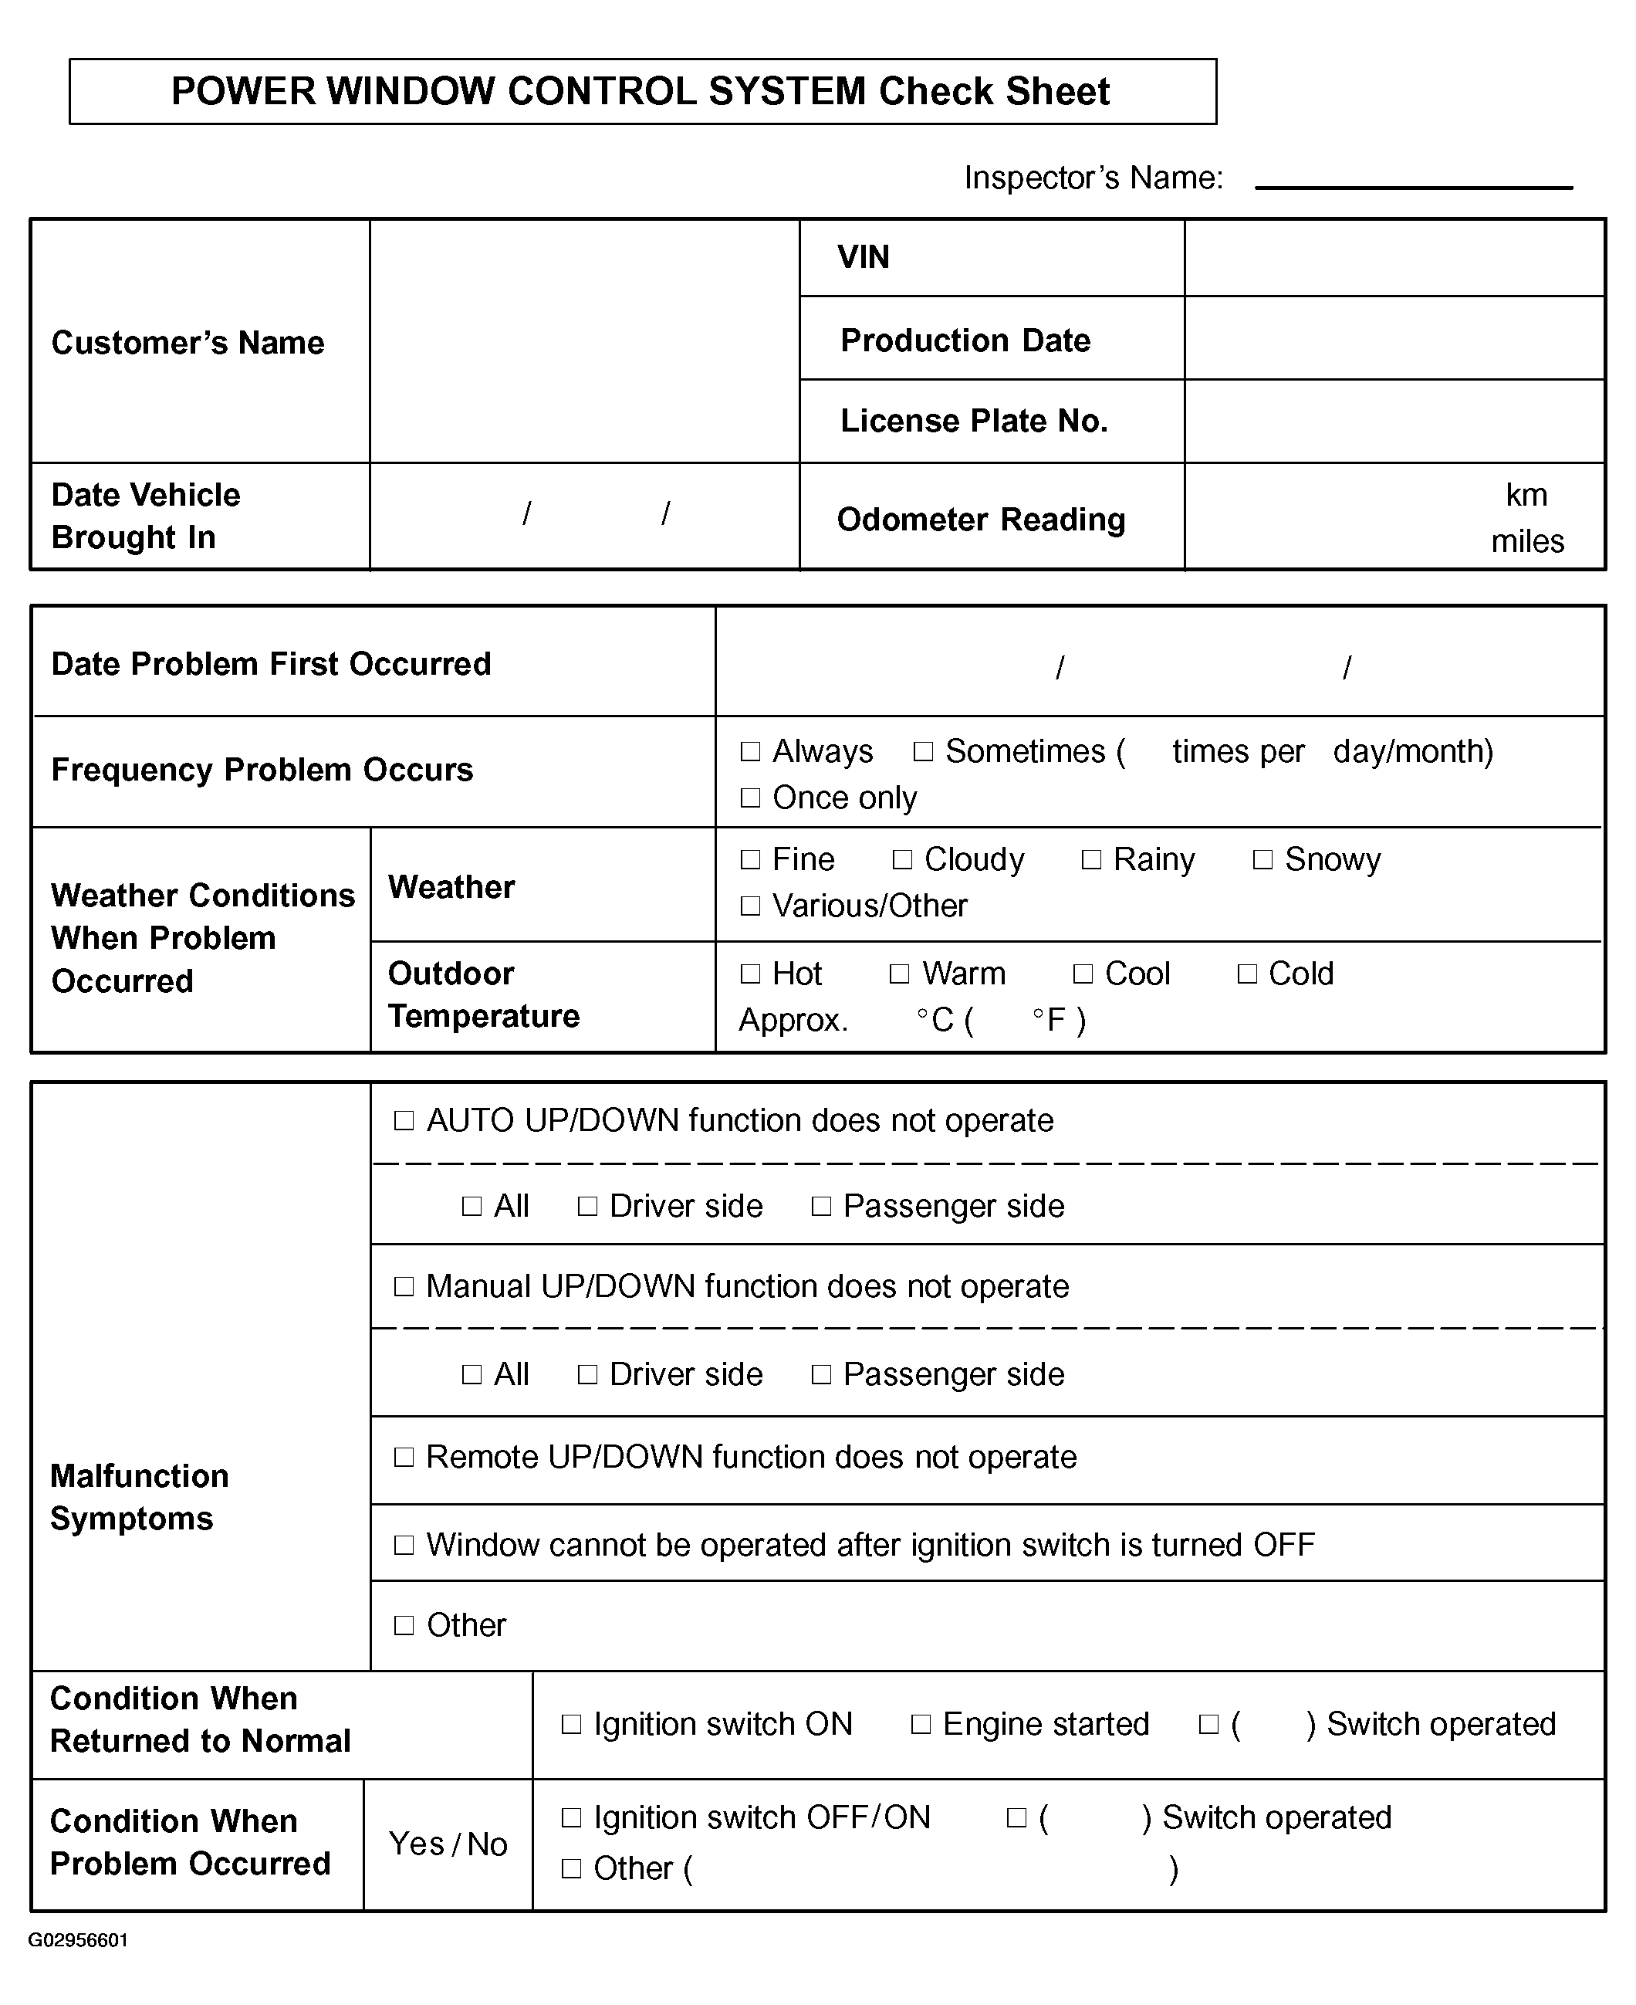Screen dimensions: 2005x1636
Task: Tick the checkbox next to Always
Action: coord(750,751)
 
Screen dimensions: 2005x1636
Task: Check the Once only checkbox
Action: coord(750,798)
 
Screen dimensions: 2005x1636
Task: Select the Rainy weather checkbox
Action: coord(1091,860)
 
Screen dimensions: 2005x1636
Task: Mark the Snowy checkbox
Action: coord(1262,860)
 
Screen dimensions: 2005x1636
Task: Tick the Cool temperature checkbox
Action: coord(1083,974)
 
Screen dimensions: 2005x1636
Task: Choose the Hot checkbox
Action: coord(750,974)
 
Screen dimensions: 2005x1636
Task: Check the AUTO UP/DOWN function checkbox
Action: coord(404,1121)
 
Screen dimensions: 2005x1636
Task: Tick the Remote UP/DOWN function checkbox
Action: coord(404,1458)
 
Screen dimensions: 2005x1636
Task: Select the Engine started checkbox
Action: coord(921,1724)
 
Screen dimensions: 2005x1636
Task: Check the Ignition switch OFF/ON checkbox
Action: coord(571,1817)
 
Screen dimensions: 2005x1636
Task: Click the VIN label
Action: coord(864,257)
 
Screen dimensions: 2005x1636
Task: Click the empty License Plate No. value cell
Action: coord(1394,422)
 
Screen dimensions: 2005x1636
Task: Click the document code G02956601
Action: coord(78,1940)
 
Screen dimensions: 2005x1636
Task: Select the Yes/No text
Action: coord(448,1844)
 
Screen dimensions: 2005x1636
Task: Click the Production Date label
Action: coord(965,340)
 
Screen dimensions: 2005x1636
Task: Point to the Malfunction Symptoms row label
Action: coord(140,1497)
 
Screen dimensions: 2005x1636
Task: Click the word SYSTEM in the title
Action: coord(787,91)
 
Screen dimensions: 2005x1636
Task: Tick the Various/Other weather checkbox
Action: coord(750,906)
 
